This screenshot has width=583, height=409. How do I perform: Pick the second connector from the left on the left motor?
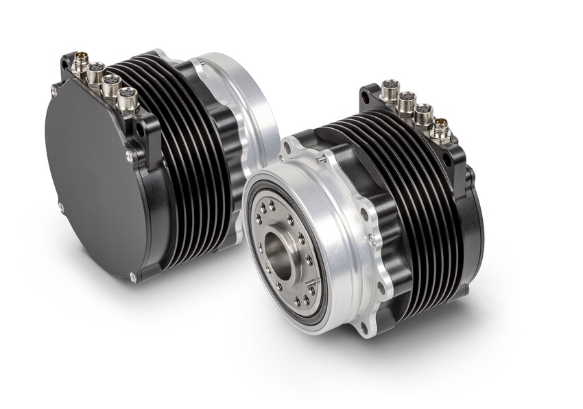click(x=95, y=71)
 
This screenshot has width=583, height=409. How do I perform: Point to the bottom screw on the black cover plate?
click(x=133, y=277)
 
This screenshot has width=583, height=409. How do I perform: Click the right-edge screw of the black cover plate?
click(x=128, y=158)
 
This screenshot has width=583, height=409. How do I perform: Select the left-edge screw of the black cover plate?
click(x=60, y=206)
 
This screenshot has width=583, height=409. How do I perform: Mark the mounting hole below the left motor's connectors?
click(x=140, y=127)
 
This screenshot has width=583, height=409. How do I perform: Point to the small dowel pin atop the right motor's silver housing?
click(x=322, y=158)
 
